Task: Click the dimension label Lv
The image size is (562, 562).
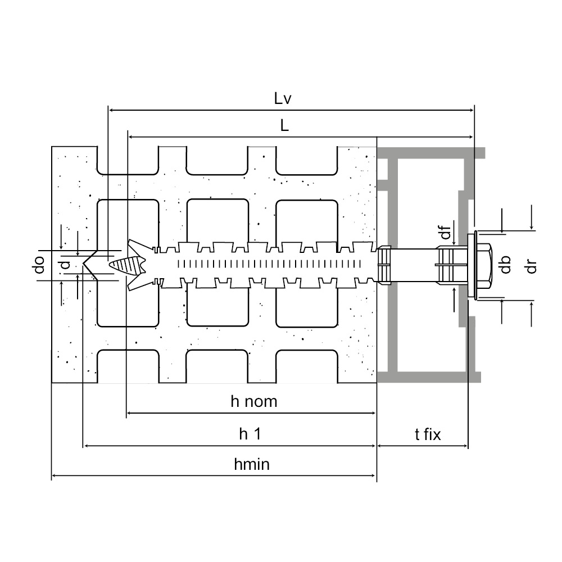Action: pos(282,99)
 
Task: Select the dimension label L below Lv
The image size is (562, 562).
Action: pos(285,126)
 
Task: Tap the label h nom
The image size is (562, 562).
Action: pos(254,402)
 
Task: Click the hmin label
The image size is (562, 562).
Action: pos(252,465)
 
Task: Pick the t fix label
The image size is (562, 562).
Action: pos(428,434)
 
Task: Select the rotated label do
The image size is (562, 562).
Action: pos(39,265)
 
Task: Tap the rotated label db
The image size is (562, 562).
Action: pos(505,264)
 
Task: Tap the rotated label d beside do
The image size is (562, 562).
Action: pos(66,265)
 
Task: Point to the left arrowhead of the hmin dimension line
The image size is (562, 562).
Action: pos(55,477)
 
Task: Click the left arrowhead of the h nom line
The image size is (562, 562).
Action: pos(129,414)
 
